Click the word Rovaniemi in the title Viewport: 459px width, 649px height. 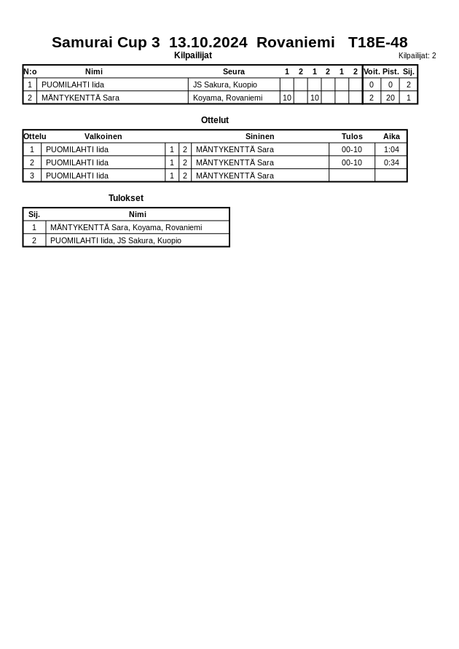(x=295, y=42)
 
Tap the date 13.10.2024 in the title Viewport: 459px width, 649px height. (x=208, y=42)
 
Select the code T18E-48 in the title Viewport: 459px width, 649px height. (x=377, y=42)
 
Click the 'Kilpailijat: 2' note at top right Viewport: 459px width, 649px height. (x=417, y=56)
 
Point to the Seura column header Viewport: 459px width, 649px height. (x=233, y=71)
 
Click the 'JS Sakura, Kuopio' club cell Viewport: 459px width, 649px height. (x=224, y=84)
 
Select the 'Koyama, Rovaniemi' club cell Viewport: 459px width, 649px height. (x=227, y=98)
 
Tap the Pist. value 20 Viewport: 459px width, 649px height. (x=390, y=98)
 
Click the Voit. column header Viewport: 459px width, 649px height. (x=372, y=71)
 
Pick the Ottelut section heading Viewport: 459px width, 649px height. (x=215, y=120)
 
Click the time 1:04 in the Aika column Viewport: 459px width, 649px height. (x=391, y=149)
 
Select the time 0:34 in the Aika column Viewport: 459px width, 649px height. (x=391, y=162)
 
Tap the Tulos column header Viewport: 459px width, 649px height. (x=352, y=136)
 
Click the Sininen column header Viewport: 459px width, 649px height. (x=259, y=136)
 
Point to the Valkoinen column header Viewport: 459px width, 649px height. (x=103, y=136)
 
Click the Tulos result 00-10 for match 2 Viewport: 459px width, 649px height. (x=352, y=162)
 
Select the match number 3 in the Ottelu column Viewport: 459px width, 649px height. (x=32, y=176)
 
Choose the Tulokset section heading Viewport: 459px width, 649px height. (x=126, y=198)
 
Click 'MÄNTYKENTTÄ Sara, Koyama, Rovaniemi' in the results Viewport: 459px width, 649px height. (x=126, y=227)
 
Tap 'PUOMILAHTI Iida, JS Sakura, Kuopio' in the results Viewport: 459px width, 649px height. (x=116, y=240)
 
